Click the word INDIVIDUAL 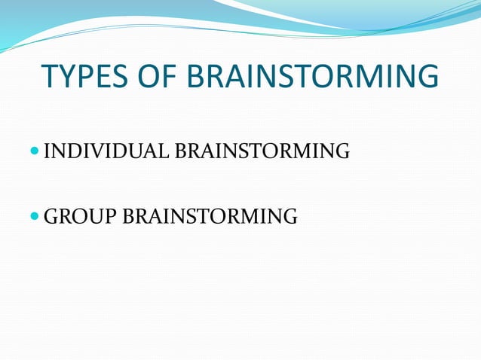pyautogui.click(x=107, y=153)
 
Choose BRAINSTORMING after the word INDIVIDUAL pyautogui.click(x=262, y=153)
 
